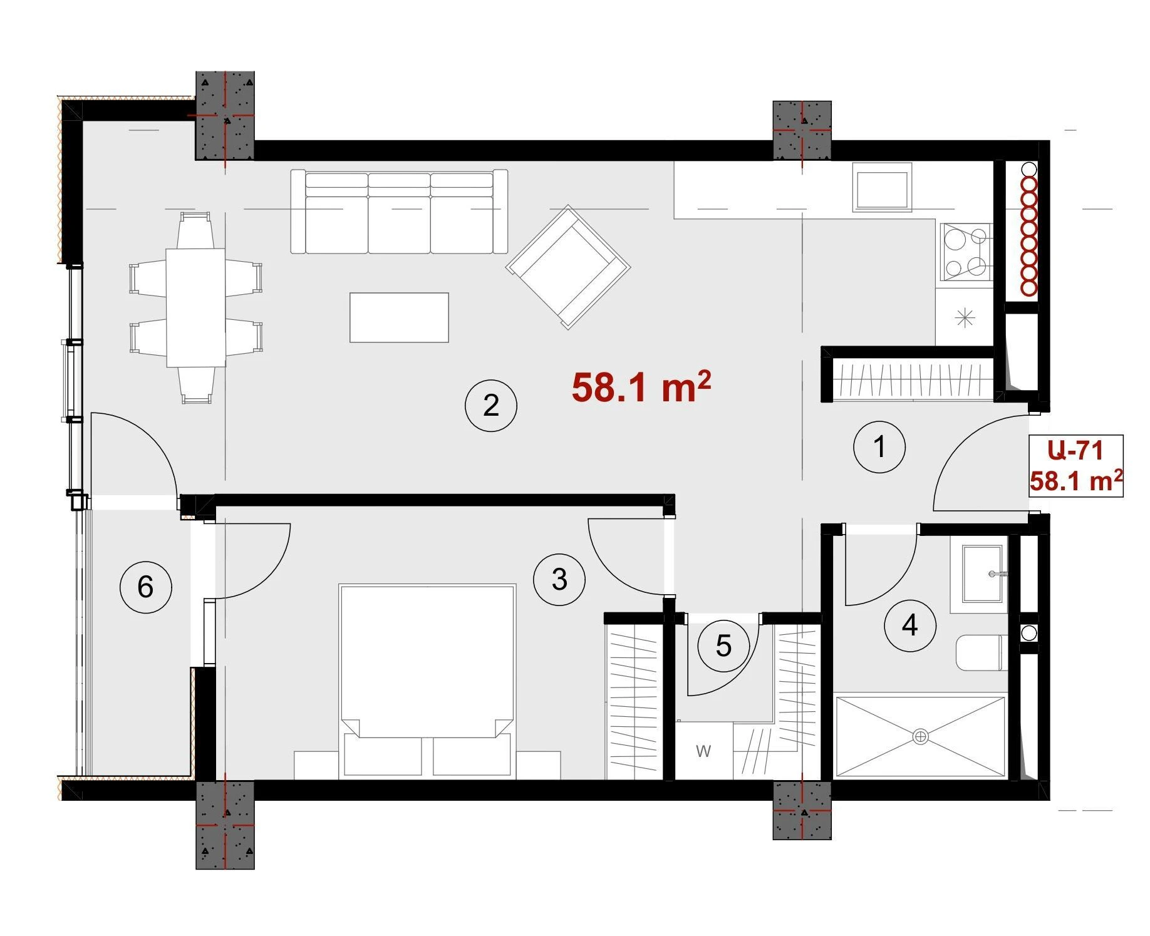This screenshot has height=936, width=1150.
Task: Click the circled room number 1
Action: point(879,447)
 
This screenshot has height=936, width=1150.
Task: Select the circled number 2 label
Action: point(491,406)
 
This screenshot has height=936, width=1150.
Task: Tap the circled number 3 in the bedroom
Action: point(559,579)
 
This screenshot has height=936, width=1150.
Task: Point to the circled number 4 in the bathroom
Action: point(910,625)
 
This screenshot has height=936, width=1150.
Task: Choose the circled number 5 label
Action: point(723,645)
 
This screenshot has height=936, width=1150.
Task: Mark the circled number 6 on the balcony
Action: point(146,587)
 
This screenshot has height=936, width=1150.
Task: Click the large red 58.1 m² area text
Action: point(641,387)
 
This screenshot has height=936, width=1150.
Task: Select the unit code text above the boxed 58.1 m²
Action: point(1075,450)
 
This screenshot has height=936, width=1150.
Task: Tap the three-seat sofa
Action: point(399,211)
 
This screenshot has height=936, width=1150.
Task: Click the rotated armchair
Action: point(568,267)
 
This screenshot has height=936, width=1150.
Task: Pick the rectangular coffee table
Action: point(399,317)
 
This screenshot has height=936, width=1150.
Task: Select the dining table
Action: point(195,307)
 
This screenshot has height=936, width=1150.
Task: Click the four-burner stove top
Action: point(965,252)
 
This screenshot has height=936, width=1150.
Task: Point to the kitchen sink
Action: point(882,186)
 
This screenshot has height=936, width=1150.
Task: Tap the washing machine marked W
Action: point(703,751)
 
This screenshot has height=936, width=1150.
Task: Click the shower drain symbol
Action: point(920,737)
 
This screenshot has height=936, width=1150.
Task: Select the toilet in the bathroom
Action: point(981,653)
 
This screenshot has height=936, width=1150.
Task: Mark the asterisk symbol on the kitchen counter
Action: point(965,318)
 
